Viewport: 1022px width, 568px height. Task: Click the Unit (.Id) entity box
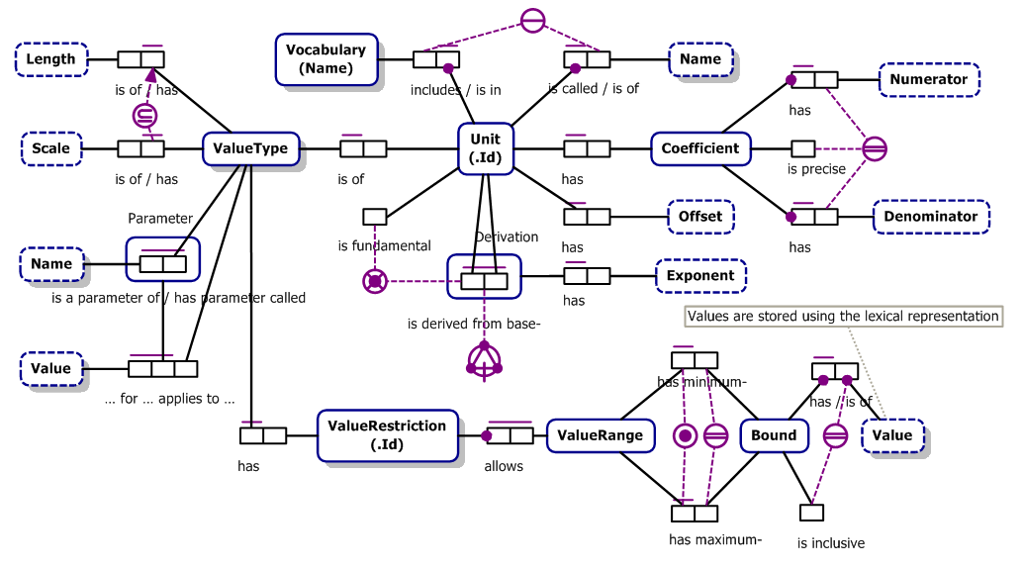[485, 148]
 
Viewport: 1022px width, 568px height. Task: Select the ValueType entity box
[250, 149]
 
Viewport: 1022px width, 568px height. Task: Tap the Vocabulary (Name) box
[325, 59]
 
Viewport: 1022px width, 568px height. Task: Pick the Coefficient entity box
[699, 148]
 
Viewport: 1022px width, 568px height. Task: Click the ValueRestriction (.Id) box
[387, 434]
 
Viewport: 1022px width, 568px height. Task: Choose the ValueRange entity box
[600, 435]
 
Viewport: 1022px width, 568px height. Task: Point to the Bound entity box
[773, 435]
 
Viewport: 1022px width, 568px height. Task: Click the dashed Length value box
[51, 59]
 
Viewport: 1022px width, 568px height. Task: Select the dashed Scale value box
[51, 149]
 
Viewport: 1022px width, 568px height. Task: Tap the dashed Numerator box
[928, 80]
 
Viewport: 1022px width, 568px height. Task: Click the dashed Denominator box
[930, 217]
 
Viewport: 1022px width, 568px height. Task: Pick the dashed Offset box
[699, 217]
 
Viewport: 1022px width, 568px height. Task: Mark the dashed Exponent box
[700, 276]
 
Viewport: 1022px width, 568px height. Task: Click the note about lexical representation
[843, 317]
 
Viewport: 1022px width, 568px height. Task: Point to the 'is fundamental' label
[384, 245]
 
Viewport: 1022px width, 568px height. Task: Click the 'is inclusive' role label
[830, 542]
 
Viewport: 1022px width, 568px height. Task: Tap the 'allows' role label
[504, 466]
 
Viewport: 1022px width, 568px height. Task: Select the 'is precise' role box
[802, 149]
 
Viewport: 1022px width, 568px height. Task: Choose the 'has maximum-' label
[714, 539]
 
